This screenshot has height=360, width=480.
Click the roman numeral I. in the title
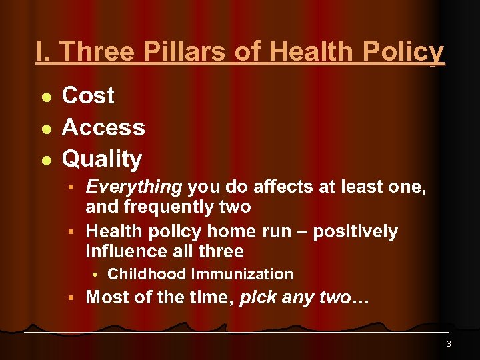click(45, 52)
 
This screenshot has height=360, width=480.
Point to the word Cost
click(88, 95)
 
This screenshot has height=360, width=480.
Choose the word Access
click(103, 127)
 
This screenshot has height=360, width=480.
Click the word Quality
click(102, 159)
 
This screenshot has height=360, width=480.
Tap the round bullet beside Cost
click(45, 97)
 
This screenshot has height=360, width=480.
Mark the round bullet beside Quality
click(45, 161)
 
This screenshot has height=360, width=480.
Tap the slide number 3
click(448, 344)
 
